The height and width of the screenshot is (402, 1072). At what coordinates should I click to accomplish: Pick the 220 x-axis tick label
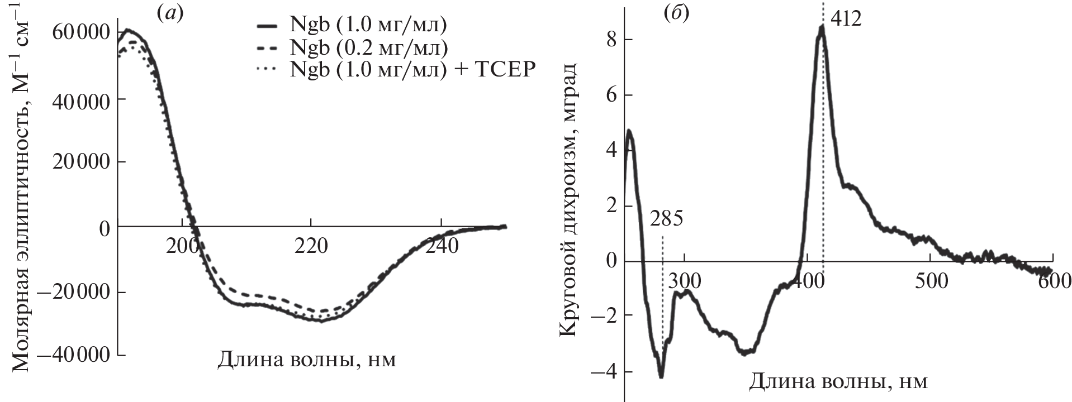pos(312,246)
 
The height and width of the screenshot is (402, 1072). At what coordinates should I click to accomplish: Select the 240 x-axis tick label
pos(442,246)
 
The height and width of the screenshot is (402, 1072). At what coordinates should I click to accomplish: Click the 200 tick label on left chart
pos(182,246)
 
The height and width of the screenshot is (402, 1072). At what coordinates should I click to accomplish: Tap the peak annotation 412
pos(846,20)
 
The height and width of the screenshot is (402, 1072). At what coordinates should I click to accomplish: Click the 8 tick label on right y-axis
pos(613,40)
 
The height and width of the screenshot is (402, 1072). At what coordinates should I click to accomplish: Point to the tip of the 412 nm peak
pos(822,26)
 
